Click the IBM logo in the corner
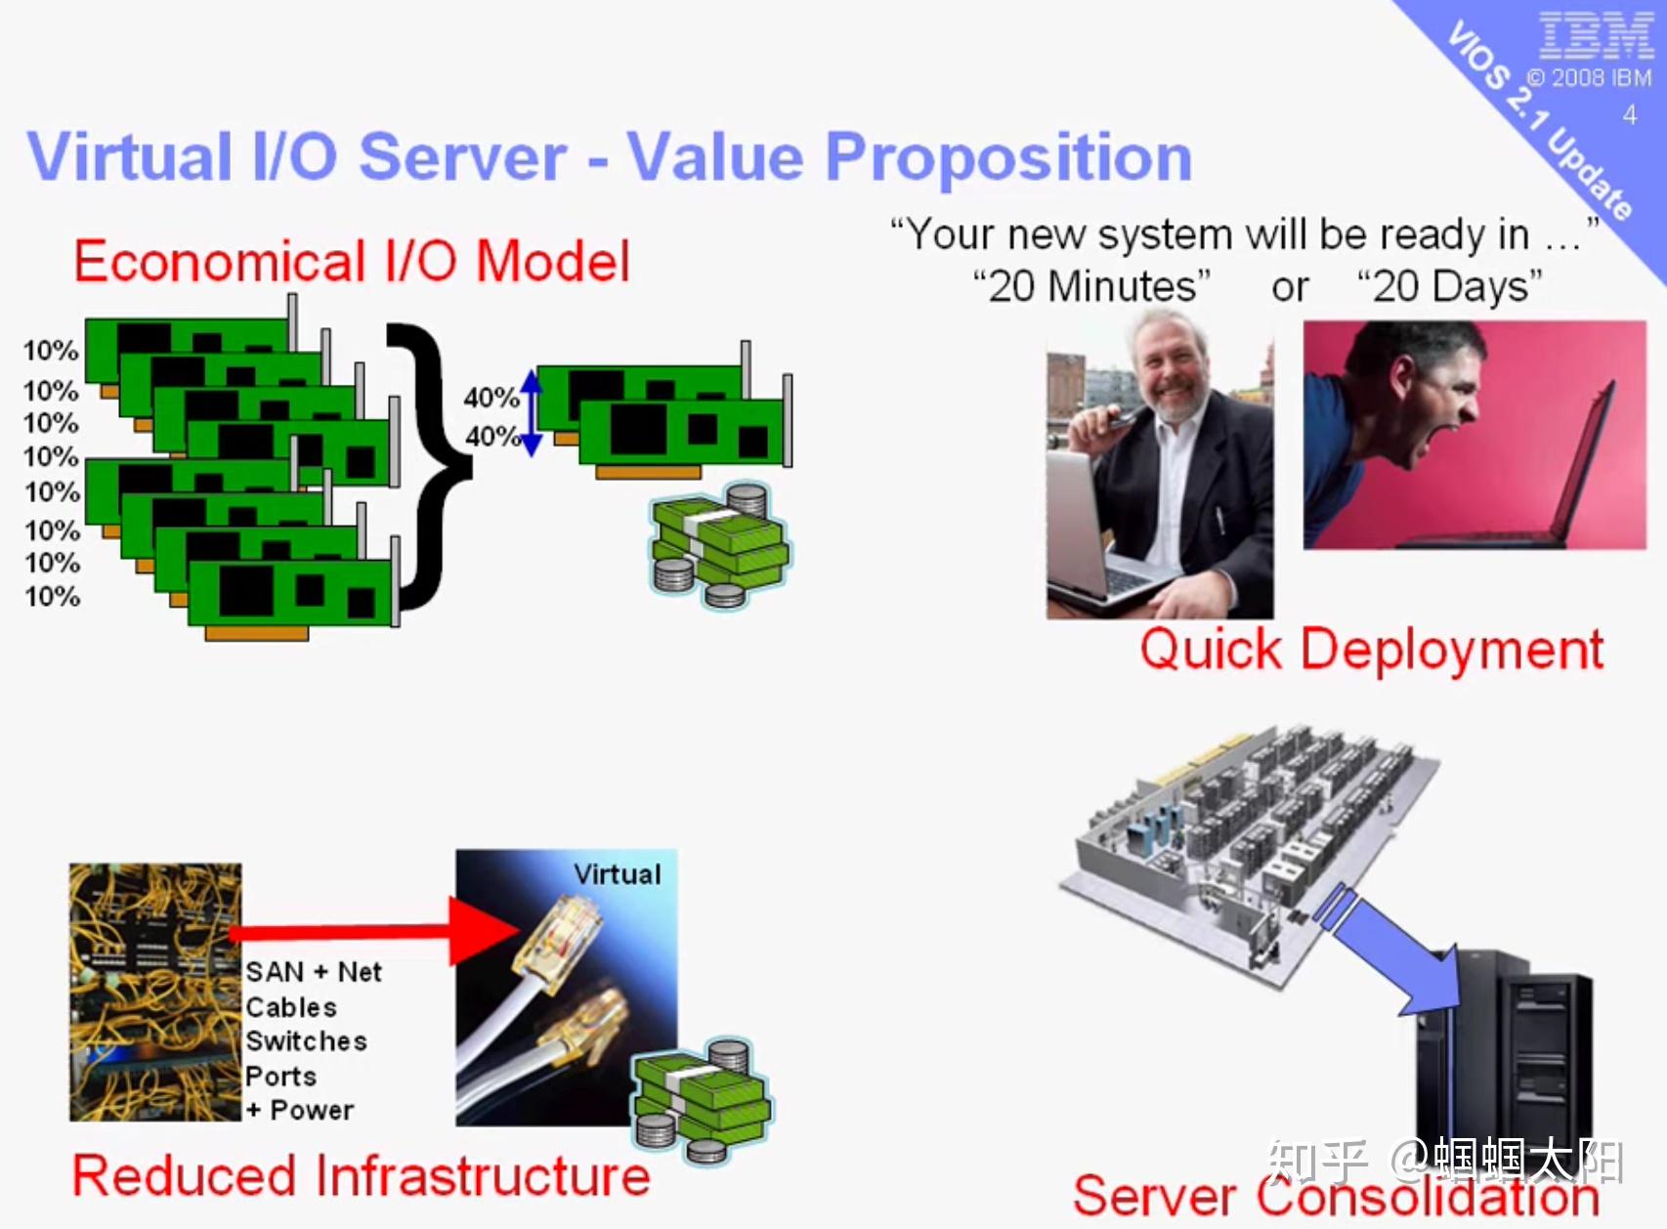(1595, 36)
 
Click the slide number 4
(1629, 115)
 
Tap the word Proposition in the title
(1007, 157)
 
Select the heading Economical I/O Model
(352, 262)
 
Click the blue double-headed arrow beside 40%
(532, 413)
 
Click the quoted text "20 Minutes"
(1090, 287)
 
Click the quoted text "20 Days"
(1450, 287)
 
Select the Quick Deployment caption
(1371, 650)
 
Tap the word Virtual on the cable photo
(617, 874)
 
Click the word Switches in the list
(306, 1041)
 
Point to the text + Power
(299, 1111)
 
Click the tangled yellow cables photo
(154, 992)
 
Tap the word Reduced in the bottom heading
(184, 1175)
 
